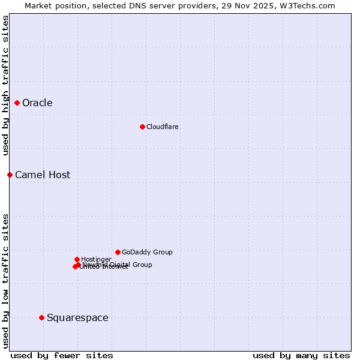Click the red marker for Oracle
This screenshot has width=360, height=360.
[x=17, y=103]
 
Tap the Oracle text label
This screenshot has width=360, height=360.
[x=37, y=103]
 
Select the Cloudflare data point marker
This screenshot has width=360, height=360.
[x=142, y=127]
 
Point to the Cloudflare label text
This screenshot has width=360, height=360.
[x=162, y=127]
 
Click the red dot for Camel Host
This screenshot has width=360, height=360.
[x=10, y=175]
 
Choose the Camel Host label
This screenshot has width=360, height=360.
[x=43, y=175]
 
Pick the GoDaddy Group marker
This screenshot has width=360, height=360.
[x=118, y=252]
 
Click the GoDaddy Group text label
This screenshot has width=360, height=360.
[x=147, y=253]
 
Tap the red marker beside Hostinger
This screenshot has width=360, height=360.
[x=77, y=259]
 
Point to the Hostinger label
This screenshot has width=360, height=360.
[x=96, y=259]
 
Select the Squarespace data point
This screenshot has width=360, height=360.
[x=41, y=317]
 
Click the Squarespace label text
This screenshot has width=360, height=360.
[x=77, y=318]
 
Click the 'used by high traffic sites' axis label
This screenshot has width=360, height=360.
[x=6, y=85]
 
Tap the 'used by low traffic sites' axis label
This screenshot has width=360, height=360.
[x=6, y=280]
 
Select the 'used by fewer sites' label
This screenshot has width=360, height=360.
[x=62, y=355]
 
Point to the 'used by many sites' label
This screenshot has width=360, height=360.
[x=301, y=355]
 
